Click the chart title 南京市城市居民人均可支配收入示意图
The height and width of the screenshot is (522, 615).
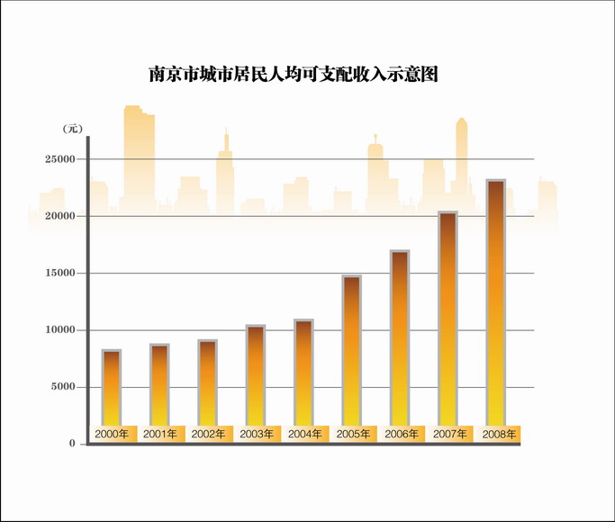tap(293, 75)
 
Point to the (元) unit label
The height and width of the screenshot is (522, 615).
tap(72, 129)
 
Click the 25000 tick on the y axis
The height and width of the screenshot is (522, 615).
tap(60, 159)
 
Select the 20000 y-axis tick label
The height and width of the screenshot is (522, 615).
tap(60, 216)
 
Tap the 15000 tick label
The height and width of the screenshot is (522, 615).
tap(60, 274)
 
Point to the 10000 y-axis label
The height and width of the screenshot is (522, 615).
tap(60, 330)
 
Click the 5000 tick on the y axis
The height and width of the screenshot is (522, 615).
tap(64, 387)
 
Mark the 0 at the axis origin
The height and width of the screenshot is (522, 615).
tap(72, 445)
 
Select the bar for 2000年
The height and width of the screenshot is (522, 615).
tap(112, 387)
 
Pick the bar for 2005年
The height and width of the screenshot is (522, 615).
tap(352, 350)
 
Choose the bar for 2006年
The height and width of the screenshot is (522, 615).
tap(400, 337)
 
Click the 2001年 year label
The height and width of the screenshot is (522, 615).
tap(160, 434)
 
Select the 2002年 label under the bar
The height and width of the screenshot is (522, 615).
tap(208, 434)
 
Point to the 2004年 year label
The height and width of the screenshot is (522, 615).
tap(304, 434)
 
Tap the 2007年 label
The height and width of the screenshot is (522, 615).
tap(448, 434)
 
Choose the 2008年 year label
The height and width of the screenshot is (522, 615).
tap(498, 434)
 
